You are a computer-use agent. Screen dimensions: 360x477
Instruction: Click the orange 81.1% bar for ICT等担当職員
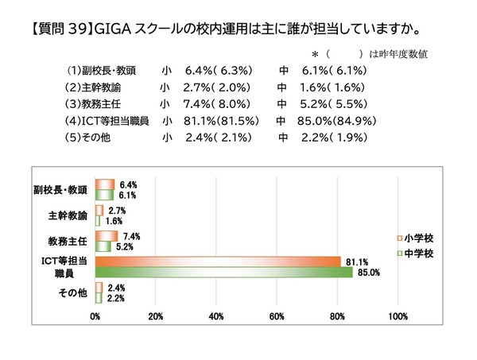[x=215, y=261]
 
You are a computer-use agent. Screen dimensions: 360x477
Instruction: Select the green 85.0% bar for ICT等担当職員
[x=223, y=272]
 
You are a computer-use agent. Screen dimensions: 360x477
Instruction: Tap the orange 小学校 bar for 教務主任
[x=107, y=236]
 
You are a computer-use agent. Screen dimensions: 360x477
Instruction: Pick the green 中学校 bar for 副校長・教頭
[x=104, y=195]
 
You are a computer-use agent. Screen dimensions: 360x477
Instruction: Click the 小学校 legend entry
[x=413, y=238]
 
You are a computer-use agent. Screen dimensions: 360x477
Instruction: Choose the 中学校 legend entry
[x=413, y=253]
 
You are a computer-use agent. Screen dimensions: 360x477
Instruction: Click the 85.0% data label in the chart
[x=370, y=273]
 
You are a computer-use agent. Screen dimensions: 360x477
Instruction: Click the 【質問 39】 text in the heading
[x=60, y=29]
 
